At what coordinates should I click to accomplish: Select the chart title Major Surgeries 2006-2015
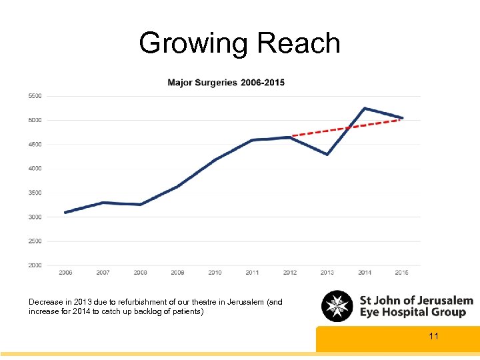click(226, 83)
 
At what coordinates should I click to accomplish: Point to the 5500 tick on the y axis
click(35, 96)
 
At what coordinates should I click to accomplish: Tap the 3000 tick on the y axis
click(35, 217)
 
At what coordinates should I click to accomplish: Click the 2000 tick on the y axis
click(35, 265)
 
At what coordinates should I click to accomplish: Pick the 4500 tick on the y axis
click(35, 144)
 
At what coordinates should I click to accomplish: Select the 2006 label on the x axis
click(65, 273)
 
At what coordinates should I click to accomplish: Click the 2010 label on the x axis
click(215, 273)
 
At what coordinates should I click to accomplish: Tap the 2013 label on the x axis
click(327, 273)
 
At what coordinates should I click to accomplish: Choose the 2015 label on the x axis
click(402, 273)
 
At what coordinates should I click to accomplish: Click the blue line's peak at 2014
click(364, 108)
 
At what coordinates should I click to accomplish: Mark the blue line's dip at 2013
click(327, 155)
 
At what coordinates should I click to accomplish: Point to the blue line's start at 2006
click(65, 212)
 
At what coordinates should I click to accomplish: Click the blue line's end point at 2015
click(402, 118)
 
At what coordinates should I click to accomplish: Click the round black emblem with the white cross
click(337, 307)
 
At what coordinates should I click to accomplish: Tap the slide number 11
click(434, 336)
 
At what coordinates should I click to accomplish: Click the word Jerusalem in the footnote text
click(245, 302)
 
